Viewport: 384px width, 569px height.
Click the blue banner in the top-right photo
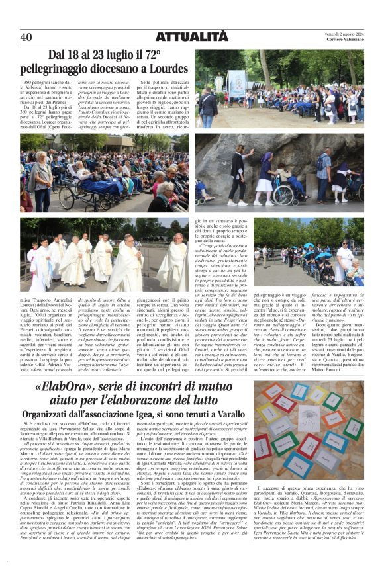click(x=237, y=83)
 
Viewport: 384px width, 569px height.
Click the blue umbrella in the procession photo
click(x=309, y=246)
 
